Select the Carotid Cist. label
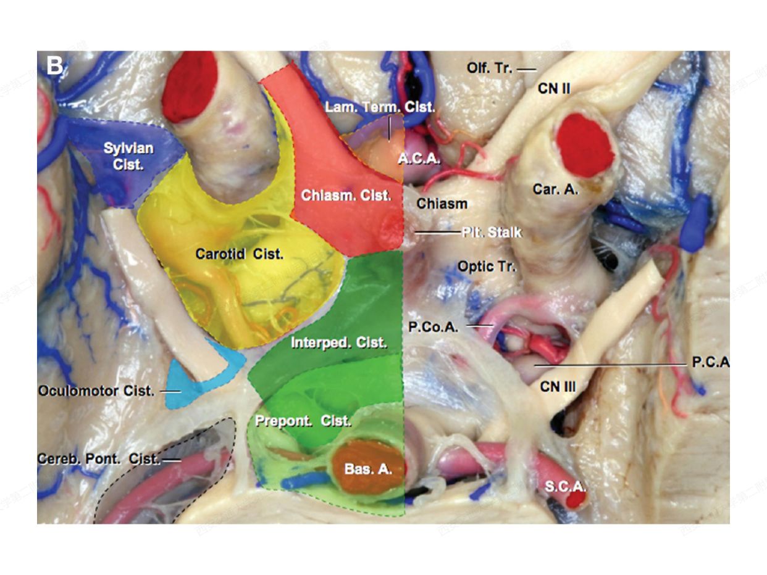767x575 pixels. (x=239, y=254)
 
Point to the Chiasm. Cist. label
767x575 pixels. (x=346, y=196)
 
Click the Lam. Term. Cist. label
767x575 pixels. (x=380, y=106)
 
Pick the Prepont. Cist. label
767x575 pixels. (x=303, y=421)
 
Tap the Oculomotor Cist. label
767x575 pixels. (x=96, y=391)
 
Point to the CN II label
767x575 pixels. (x=553, y=89)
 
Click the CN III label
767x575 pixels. (x=557, y=387)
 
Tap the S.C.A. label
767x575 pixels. (x=564, y=486)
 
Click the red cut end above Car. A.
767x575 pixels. (x=584, y=143)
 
